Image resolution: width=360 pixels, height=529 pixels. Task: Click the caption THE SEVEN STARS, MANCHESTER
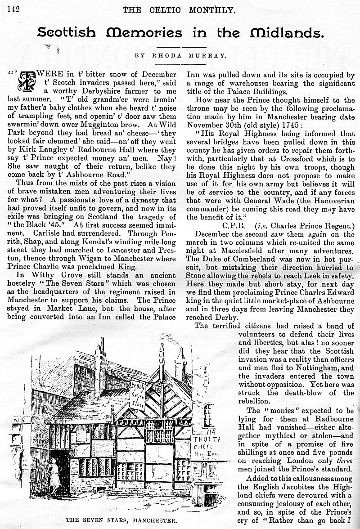[x=121, y=520]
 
